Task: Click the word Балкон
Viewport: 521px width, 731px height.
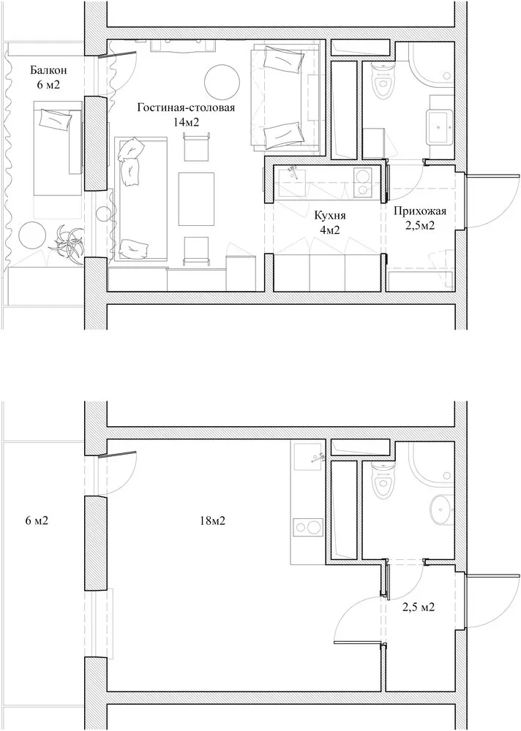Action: pos(49,71)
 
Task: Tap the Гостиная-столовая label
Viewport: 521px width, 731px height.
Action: pos(186,108)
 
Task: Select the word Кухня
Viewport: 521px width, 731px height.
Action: pos(329,216)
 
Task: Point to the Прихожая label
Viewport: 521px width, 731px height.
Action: pos(419,211)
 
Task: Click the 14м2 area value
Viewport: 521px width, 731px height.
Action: pos(186,122)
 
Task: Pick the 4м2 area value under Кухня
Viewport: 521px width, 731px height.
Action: pos(329,230)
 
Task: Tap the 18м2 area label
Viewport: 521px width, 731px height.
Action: pos(211,521)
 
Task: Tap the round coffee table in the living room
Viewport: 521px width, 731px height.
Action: pos(219,81)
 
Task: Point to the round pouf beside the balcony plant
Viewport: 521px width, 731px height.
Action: pos(33,235)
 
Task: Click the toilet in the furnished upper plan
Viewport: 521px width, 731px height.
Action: pos(379,82)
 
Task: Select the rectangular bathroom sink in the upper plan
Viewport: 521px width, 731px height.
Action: pos(441,125)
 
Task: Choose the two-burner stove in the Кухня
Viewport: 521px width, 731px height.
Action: pos(361,183)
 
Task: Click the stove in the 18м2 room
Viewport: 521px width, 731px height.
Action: pos(307,529)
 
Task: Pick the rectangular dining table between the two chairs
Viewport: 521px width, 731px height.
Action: pos(197,198)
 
